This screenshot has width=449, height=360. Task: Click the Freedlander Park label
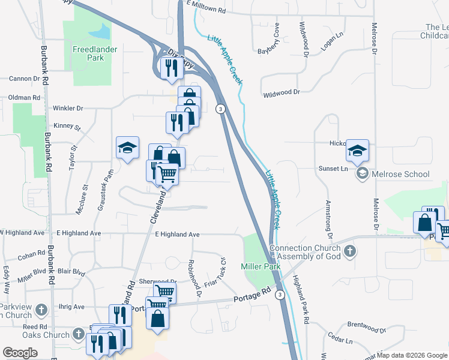point(88,53)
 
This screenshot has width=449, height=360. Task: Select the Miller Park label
point(257,266)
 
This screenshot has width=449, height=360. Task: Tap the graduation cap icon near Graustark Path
point(127,148)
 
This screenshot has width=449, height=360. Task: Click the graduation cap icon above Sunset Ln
point(357,150)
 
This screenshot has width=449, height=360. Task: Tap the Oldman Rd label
point(24,97)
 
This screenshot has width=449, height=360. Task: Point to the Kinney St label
point(67,127)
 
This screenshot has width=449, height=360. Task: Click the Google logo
point(19,352)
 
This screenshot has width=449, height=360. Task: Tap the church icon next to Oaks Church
point(79,333)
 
